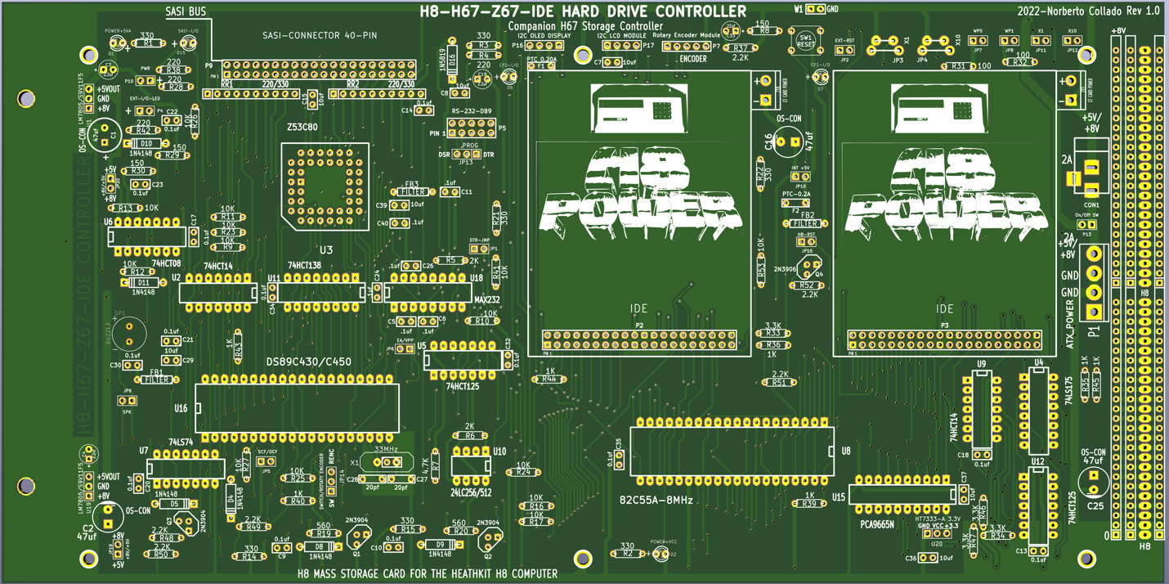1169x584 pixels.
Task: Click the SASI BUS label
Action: (x=186, y=12)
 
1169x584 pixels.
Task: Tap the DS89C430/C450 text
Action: (x=309, y=362)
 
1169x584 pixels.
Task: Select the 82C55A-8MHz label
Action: (x=656, y=498)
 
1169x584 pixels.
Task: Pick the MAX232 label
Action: (x=487, y=300)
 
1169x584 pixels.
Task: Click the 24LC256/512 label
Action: (x=472, y=492)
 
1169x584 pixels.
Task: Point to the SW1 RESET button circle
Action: (x=805, y=40)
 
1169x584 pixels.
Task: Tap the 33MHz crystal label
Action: (x=386, y=449)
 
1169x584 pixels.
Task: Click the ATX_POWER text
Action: (x=1071, y=325)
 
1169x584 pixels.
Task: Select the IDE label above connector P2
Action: (x=638, y=308)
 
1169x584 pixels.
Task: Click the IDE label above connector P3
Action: (x=944, y=308)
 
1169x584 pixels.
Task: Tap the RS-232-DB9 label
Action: (x=473, y=110)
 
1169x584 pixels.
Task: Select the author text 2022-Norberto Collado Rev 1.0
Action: (x=1088, y=11)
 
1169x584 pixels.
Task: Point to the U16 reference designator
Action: (x=181, y=407)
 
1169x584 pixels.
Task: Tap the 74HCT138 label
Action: (x=304, y=265)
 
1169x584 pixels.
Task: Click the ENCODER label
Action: (x=693, y=59)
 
